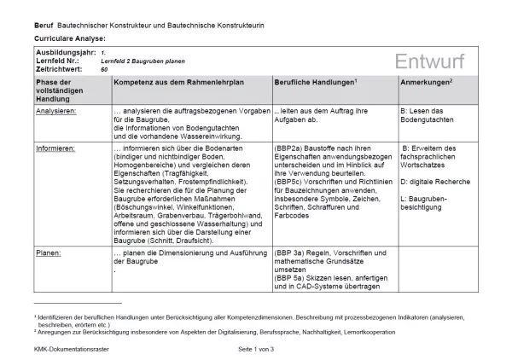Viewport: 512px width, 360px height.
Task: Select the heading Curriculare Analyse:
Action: (x=69, y=39)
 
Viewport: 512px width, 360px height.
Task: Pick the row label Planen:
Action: (x=48, y=253)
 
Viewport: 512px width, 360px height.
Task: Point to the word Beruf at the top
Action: (x=44, y=26)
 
